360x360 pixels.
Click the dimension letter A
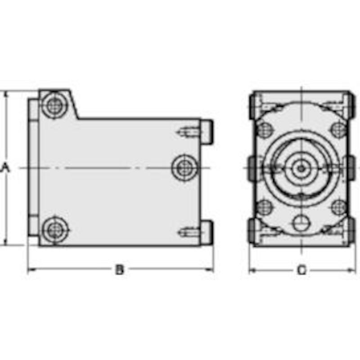5,167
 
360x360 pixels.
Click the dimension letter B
119,270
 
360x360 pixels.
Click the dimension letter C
301,270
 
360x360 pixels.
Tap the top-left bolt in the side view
54,106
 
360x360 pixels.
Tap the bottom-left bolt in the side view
55,230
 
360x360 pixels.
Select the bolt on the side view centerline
185,167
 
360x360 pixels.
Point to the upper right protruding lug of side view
207,132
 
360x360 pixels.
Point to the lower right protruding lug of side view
207,233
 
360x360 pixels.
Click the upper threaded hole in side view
189,132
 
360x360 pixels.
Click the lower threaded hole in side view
189,233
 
